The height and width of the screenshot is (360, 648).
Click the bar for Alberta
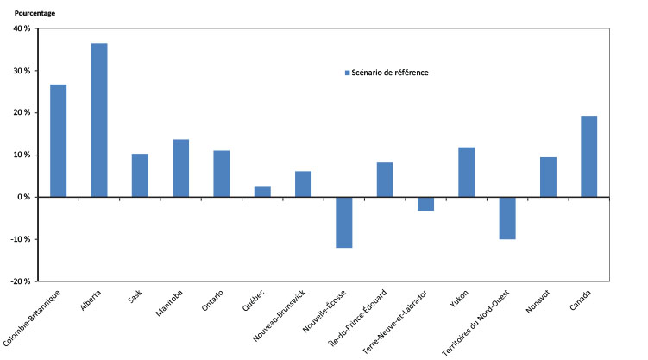pyautogui.click(x=99, y=120)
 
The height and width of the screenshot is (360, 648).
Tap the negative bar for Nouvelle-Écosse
pyautogui.click(x=344, y=222)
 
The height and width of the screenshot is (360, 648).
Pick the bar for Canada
pyautogui.click(x=588, y=156)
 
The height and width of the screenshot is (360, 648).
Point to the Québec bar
pyautogui.click(x=262, y=192)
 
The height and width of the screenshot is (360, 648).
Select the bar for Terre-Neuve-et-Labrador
pyautogui.click(x=425, y=204)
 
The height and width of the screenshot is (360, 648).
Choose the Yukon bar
pyautogui.click(x=466, y=172)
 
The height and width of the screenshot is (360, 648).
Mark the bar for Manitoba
pyautogui.click(x=181, y=168)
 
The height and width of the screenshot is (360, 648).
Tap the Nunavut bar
pyautogui.click(x=548, y=177)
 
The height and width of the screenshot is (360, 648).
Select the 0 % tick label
pyautogui.click(x=24, y=197)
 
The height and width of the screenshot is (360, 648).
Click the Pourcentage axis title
pyautogui.click(x=35, y=12)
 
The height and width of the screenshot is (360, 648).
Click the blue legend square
pyautogui.click(x=347, y=73)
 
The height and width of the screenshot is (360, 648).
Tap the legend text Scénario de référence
pyautogui.click(x=390, y=73)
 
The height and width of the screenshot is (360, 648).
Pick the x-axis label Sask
pyautogui.click(x=135, y=298)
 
